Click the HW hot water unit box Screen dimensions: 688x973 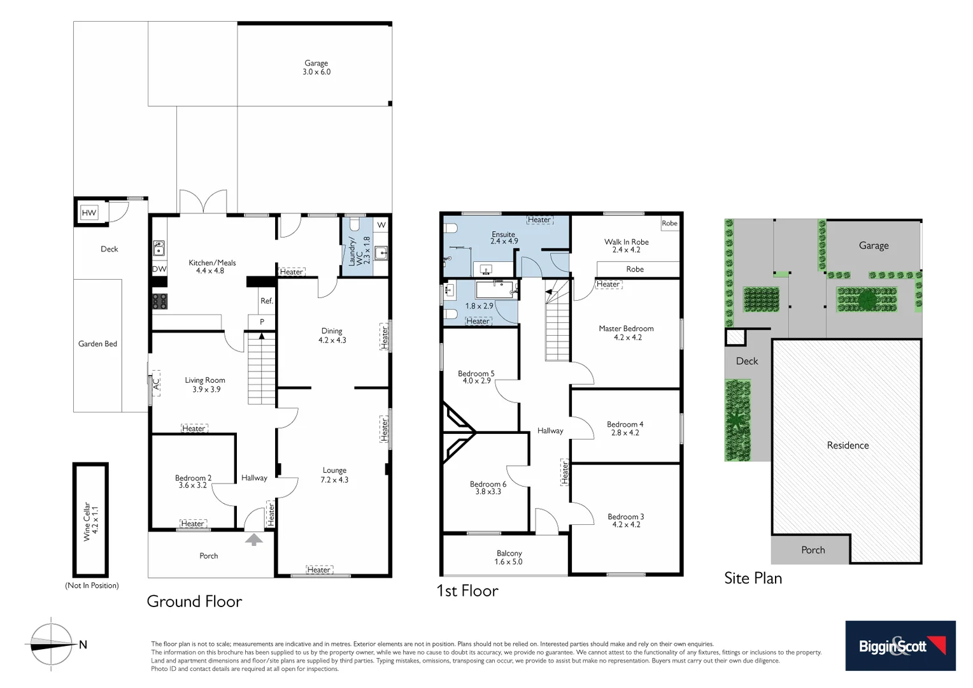(89, 213)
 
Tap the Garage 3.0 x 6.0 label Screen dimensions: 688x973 (316, 68)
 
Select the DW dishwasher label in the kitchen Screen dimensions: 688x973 (159, 269)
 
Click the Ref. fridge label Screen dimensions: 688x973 (266, 301)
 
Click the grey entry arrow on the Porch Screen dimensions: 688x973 (253, 540)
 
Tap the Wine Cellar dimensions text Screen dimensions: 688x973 (95, 520)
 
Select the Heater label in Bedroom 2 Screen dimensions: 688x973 (192, 524)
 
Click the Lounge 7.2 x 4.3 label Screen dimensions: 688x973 (334, 475)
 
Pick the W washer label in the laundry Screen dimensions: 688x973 (381, 225)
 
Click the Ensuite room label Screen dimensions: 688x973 (503, 234)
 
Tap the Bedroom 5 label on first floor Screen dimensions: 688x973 (476, 373)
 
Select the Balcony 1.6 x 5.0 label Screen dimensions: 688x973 (509, 557)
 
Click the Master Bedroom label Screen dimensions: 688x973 (626, 329)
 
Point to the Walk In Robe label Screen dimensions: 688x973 (626, 242)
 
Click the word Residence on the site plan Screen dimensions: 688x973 (848, 445)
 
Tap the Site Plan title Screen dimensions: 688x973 (753, 578)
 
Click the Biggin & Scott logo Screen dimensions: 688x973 (900, 645)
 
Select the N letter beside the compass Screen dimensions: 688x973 (83, 645)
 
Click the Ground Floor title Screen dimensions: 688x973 (194, 601)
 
